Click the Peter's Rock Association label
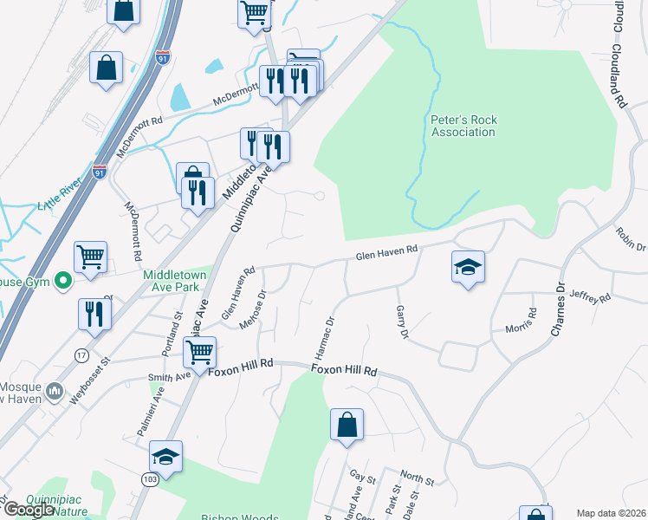[463, 126]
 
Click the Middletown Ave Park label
[178, 280]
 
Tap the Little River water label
[59, 205]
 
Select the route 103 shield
[149, 479]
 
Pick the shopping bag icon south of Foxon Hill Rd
[347, 425]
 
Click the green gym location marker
[62, 281]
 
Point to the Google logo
[29, 510]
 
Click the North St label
[418, 478]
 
